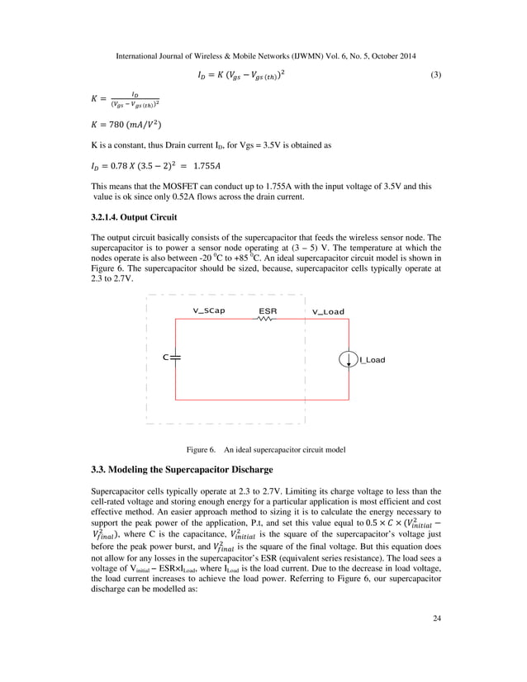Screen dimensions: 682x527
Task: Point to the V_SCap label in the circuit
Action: tap(209, 312)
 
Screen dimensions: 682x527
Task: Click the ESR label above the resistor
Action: tap(268, 312)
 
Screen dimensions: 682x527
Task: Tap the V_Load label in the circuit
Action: tap(328, 312)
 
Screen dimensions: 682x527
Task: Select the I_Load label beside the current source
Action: tap(372, 360)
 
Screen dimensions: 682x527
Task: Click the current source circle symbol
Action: tap(349, 360)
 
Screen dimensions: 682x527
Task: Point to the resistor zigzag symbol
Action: tap(267, 322)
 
